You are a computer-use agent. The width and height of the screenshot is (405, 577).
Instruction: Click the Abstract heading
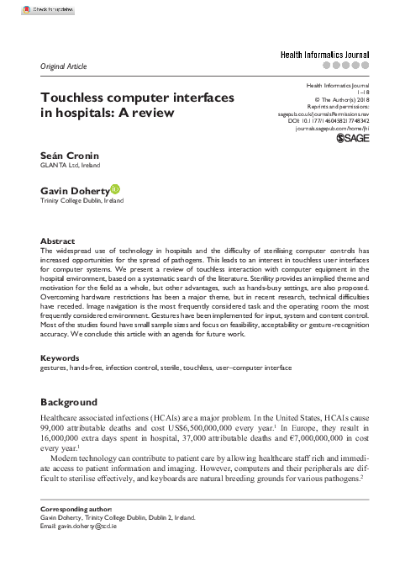(58, 241)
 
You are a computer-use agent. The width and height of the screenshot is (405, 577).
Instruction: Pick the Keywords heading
(60, 381)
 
